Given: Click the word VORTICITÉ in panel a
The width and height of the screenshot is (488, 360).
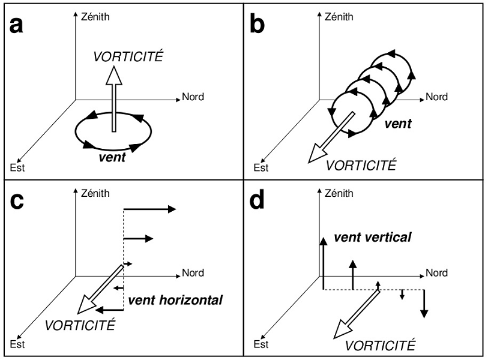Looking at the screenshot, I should [128, 58].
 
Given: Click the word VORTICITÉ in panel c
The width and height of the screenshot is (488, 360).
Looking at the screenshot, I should [79, 326].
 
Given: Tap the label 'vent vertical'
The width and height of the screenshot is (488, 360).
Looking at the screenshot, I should [372, 238].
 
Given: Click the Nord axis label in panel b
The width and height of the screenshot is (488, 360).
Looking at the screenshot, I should [437, 96].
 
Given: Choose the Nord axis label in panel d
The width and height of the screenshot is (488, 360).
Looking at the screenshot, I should [437, 273].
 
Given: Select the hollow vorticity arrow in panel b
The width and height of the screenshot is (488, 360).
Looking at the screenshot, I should [331, 138].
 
